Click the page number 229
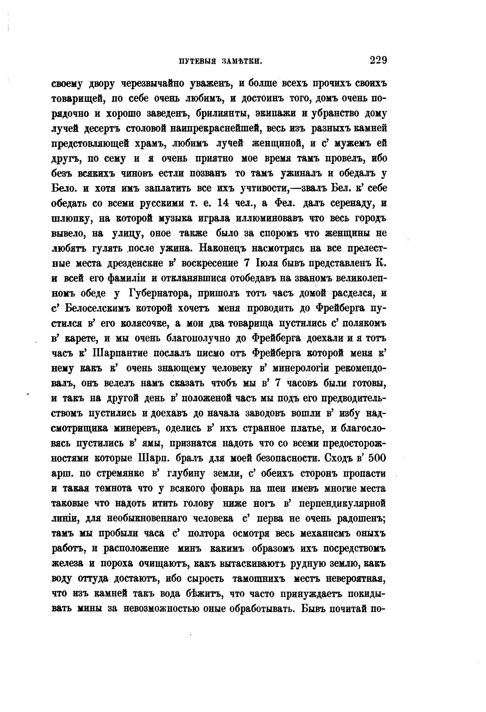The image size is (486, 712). coord(378,60)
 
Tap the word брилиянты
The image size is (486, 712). coord(223,113)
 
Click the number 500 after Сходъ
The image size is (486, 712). coord(377,458)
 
